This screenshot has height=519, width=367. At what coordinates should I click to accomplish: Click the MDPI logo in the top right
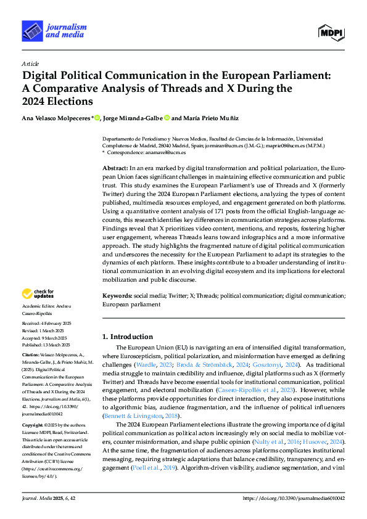pos(331,32)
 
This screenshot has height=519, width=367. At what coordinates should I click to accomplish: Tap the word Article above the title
pos(30,63)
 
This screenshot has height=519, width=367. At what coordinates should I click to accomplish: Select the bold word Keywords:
pos(117,296)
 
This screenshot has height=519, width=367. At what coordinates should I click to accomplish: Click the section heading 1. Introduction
pos(127,337)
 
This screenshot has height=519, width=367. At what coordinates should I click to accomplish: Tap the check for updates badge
pos(38,295)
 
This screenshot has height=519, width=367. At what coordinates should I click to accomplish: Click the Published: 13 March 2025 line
pos(46,345)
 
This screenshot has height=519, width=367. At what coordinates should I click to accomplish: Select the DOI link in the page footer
pos(294,497)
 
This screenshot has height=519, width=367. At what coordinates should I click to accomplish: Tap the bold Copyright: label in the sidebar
pos(33,426)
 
